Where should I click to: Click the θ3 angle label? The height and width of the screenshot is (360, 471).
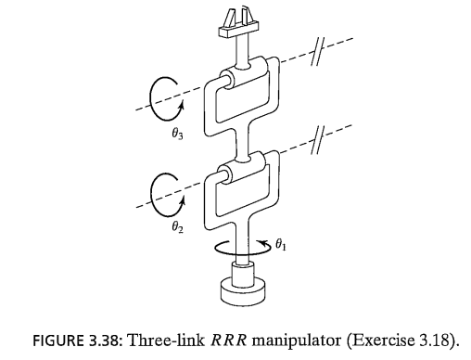click(x=177, y=134)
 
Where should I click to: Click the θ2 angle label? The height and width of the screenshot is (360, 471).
click(x=177, y=227)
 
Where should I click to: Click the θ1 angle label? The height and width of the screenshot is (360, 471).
click(x=281, y=245)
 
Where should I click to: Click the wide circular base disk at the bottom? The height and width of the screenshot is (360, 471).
click(x=243, y=290)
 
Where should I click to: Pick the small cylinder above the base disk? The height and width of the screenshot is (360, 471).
click(x=243, y=272)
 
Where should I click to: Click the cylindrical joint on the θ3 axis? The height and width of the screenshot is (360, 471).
click(x=242, y=77)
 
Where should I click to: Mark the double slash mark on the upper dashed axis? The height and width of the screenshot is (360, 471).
click(x=317, y=52)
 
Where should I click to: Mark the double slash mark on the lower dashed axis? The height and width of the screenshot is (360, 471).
click(x=318, y=140)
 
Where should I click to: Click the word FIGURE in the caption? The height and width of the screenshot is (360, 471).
click(x=58, y=341)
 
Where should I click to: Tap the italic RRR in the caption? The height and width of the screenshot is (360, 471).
click(x=229, y=341)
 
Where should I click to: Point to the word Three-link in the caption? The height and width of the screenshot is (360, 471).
click(x=166, y=341)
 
